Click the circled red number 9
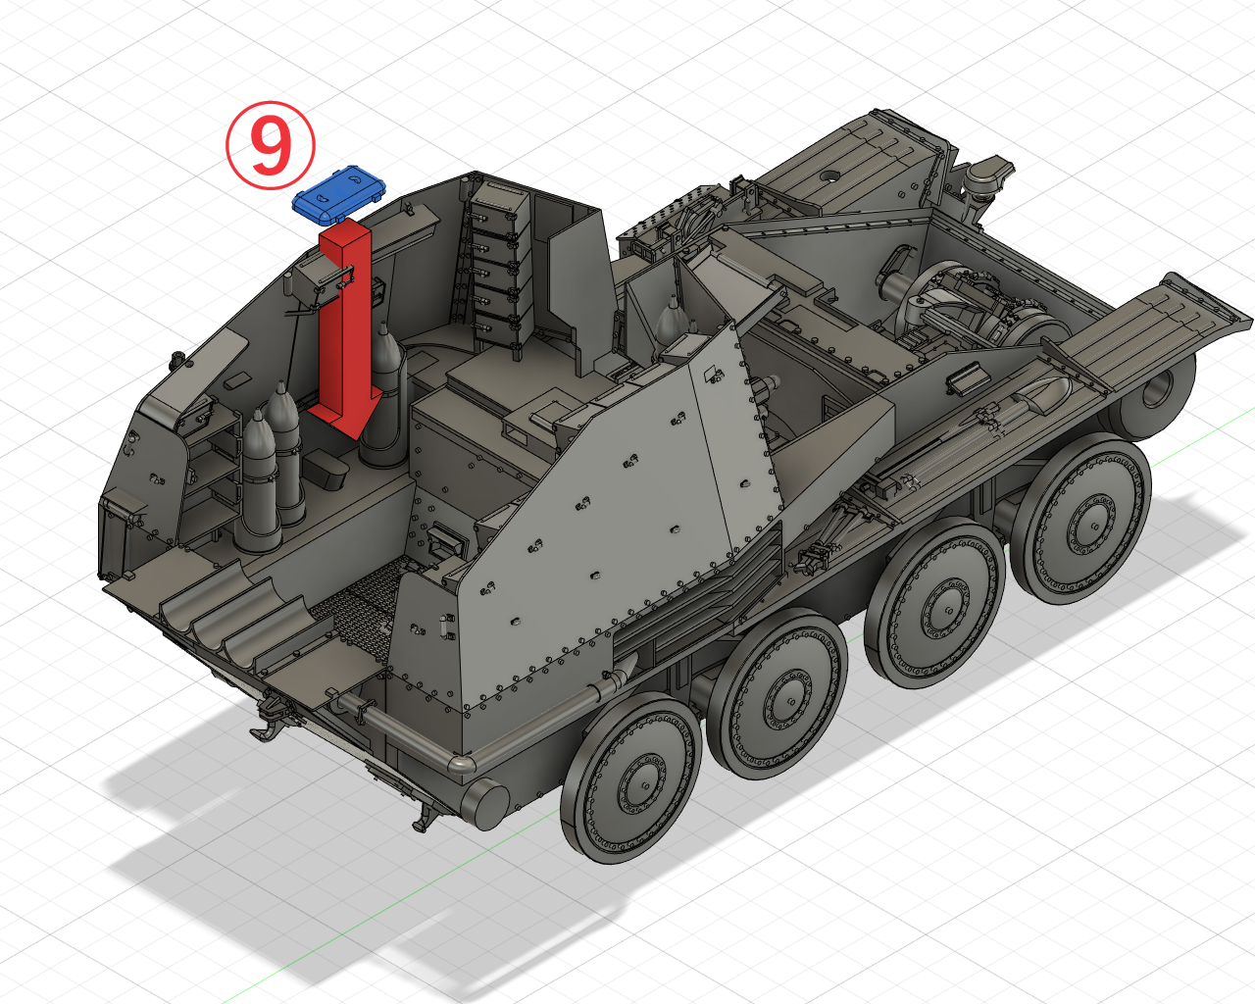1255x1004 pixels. click(270, 145)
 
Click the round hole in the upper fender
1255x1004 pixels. click(829, 176)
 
